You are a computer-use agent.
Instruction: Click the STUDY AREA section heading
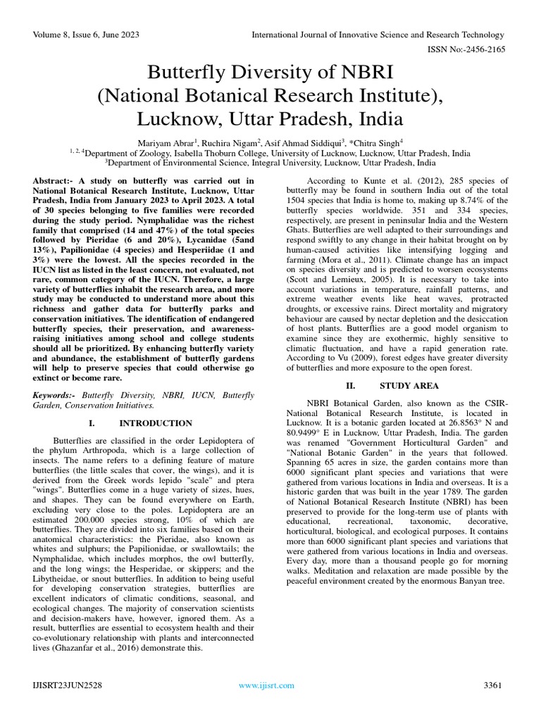(409, 386)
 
